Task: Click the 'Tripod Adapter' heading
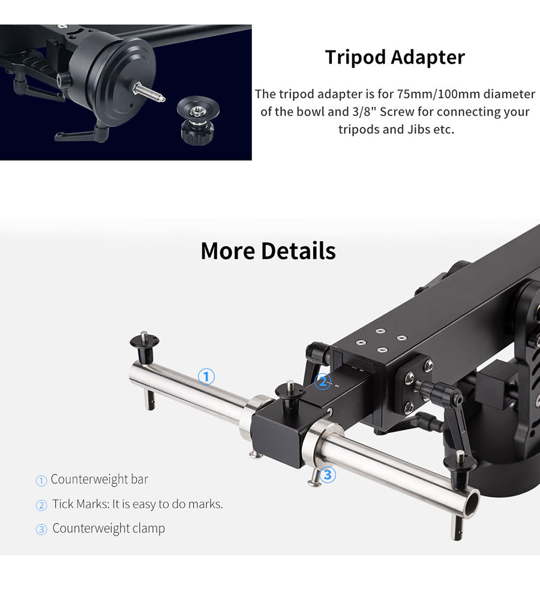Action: point(395,57)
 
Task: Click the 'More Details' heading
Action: point(268,250)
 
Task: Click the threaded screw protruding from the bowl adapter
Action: point(149,92)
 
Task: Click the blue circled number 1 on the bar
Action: point(206,376)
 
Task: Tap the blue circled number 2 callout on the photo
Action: point(322,382)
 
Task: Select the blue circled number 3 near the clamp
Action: point(328,474)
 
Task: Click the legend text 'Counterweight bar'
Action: point(100,479)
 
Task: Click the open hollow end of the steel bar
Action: point(471,504)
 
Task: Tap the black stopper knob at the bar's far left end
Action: point(145,347)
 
